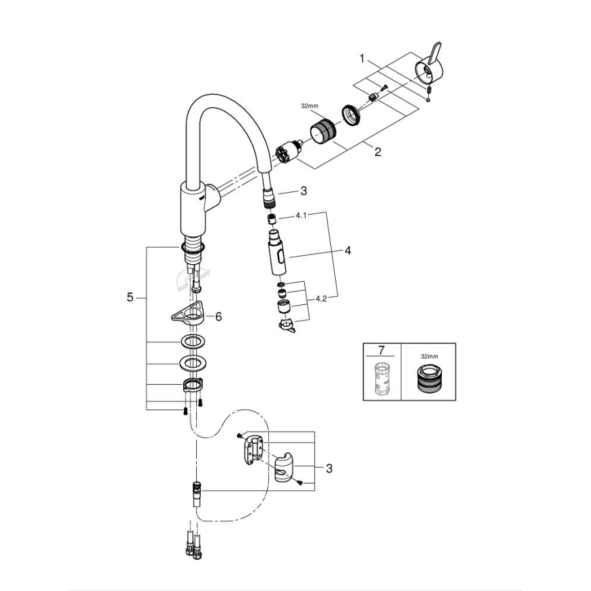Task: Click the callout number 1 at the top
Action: [362, 58]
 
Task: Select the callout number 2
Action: [377, 152]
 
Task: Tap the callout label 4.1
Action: [302, 215]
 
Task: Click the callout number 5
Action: [130, 297]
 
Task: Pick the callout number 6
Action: [218, 317]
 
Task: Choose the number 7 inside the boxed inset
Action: [381, 351]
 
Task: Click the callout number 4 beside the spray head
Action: [347, 251]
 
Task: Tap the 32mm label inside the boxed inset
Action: [428, 356]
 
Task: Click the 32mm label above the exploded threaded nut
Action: [309, 106]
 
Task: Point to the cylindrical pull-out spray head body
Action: [278, 253]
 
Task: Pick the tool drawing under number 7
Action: [381, 379]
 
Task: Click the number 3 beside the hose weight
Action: [329, 468]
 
